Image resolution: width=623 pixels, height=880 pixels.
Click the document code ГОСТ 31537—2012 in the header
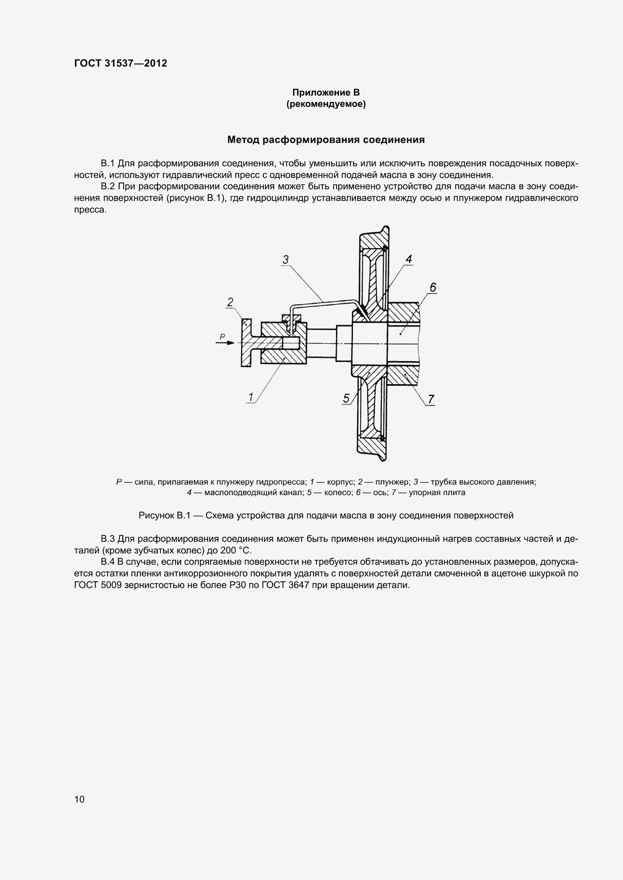[x=121, y=63]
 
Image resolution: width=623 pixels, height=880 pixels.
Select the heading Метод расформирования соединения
[x=326, y=140]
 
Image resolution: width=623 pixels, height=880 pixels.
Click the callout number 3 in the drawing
[x=286, y=260]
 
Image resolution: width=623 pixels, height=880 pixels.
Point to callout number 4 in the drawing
[x=409, y=259]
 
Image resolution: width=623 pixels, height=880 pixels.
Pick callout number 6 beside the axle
[x=433, y=287]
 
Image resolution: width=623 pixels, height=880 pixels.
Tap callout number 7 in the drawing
[x=431, y=400]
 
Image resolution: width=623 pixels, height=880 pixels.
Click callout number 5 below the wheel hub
[x=346, y=398]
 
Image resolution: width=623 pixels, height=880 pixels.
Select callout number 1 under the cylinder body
[x=251, y=397]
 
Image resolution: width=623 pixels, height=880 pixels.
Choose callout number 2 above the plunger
[x=230, y=302]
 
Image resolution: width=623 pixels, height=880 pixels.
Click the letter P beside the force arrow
[x=222, y=336]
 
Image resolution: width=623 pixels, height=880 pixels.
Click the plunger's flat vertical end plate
[x=246, y=343]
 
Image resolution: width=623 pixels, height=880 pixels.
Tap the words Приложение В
[x=326, y=93]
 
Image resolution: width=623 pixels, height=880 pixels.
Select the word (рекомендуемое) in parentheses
[x=326, y=104]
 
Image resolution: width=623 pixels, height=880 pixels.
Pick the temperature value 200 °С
[x=235, y=551]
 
